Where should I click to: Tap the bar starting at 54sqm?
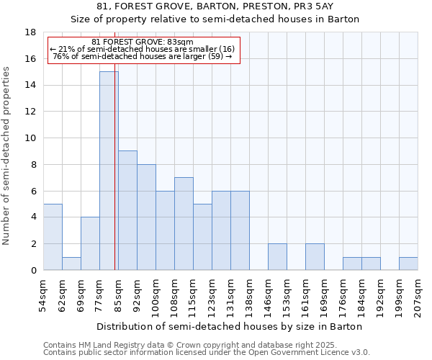click(53, 237)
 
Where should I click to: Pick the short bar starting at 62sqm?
click(71, 264)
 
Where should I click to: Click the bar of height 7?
click(184, 223)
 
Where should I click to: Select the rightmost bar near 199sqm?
click(408, 264)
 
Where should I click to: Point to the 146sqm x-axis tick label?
click(268, 294)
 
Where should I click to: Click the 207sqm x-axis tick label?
click(418, 294)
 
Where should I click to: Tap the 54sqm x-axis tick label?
click(43, 294)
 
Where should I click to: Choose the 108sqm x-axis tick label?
click(174, 294)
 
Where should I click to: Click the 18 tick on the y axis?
click(30, 32)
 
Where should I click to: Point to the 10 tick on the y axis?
click(30, 138)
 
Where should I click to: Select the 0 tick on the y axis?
click(33, 270)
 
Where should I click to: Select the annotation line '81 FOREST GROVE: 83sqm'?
click(143, 42)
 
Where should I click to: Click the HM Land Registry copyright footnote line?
click(195, 345)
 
